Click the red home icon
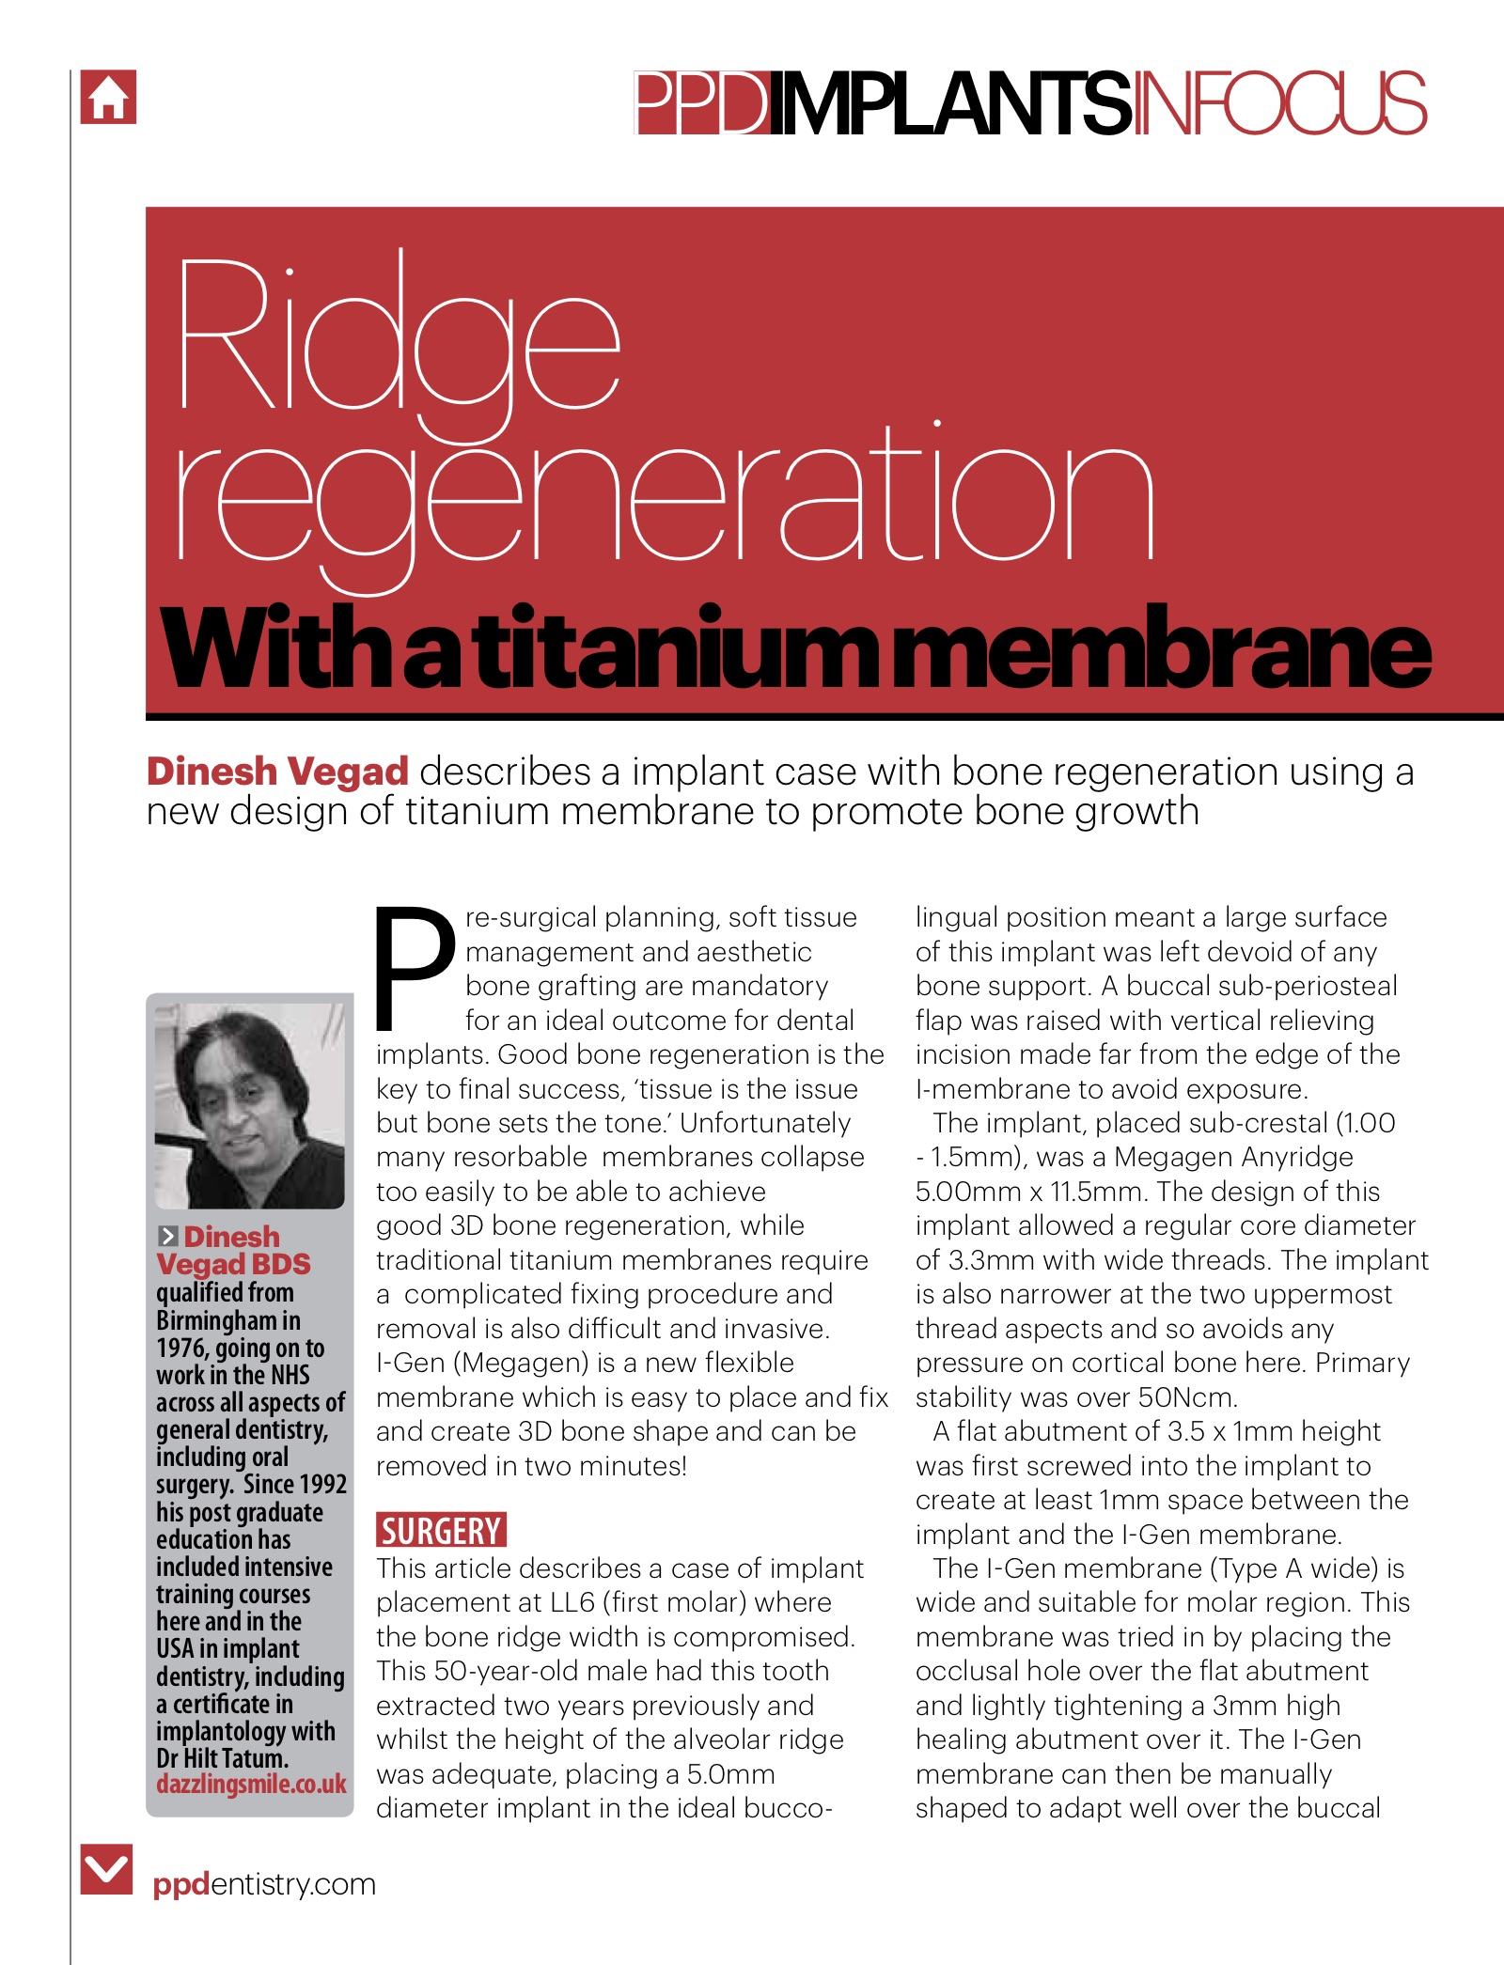pyautogui.click(x=108, y=97)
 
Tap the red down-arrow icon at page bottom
pyautogui.click(x=106, y=1868)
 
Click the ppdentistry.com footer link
pyautogui.click(x=264, y=1883)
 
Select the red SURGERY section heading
pyautogui.click(x=441, y=1530)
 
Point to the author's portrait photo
pyautogui.click(x=249, y=1105)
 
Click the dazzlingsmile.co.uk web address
pyautogui.click(x=251, y=1784)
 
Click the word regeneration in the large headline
pyautogui.click(x=664, y=498)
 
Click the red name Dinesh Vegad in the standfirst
pyautogui.click(x=277, y=772)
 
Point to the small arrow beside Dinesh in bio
pyautogui.click(x=168, y=1237)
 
